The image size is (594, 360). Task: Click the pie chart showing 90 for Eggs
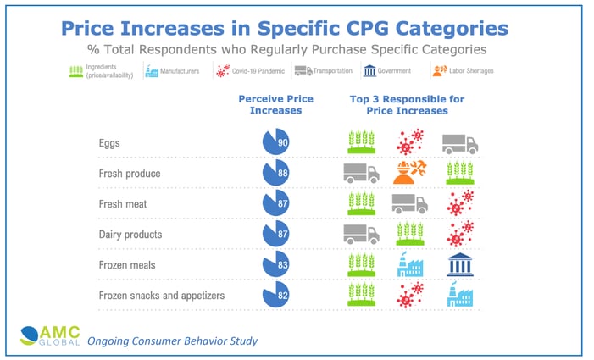click(x=276, y=142)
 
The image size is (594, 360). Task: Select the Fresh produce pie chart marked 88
click(x=276, y=173)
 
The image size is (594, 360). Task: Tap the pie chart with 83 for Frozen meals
click(x=276, y=264)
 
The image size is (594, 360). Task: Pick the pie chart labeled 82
click(x=276, y=295)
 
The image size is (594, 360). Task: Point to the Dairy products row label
click(x=130, y=234)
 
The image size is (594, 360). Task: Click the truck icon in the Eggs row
click(x=459, y=142)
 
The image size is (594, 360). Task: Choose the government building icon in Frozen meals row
click(x=459, y=263)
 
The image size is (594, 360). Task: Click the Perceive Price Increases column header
click(x=275, y=105)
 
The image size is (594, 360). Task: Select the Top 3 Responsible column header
click(x=407, y=105)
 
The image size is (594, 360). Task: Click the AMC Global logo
click(x=42, y=336)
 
